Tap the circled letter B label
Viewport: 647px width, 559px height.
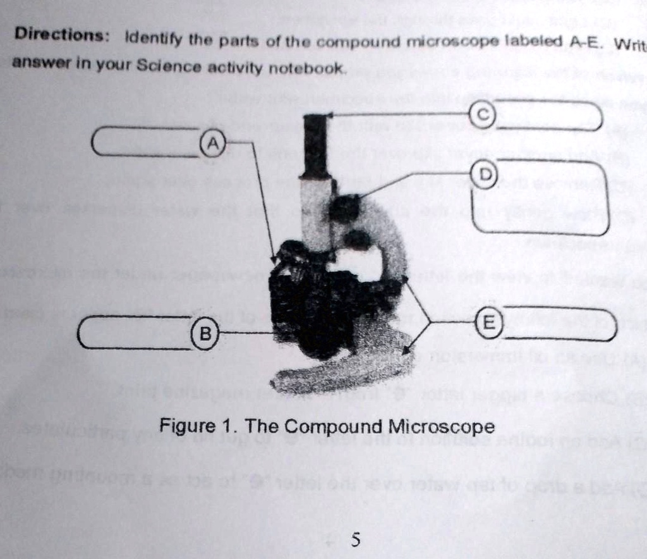tap(204, 333)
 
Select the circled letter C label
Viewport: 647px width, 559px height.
tap(481, 114)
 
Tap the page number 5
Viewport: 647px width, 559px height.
tap(355, 539)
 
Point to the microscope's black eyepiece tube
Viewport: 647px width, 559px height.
tap(315, 145)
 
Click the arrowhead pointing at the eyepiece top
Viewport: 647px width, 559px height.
tap(330, 115)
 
